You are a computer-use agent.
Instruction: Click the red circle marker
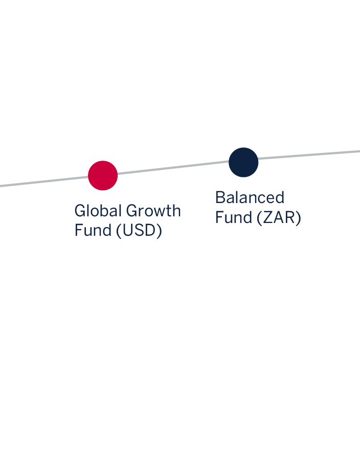coord(103,175)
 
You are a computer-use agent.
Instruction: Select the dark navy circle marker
coord(243,162)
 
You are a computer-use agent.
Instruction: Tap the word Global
coord(98,211)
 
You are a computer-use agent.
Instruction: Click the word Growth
coord(153,211)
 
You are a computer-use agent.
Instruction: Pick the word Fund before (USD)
coord(93,231)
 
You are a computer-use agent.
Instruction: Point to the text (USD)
coord(139,231)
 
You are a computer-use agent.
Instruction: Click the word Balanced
coord(250,197)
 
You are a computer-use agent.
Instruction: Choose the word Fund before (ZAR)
coord(233,217)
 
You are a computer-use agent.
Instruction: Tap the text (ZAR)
coord(279,217)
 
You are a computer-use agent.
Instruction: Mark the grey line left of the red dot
coord(41,182)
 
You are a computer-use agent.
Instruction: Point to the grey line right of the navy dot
coord(312,154)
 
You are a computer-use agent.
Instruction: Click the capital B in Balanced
coord(220,197)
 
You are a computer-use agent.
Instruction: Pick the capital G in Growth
coord(132,211)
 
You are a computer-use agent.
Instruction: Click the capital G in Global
coord(80,211)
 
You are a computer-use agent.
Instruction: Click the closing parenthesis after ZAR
coord(299,218)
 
